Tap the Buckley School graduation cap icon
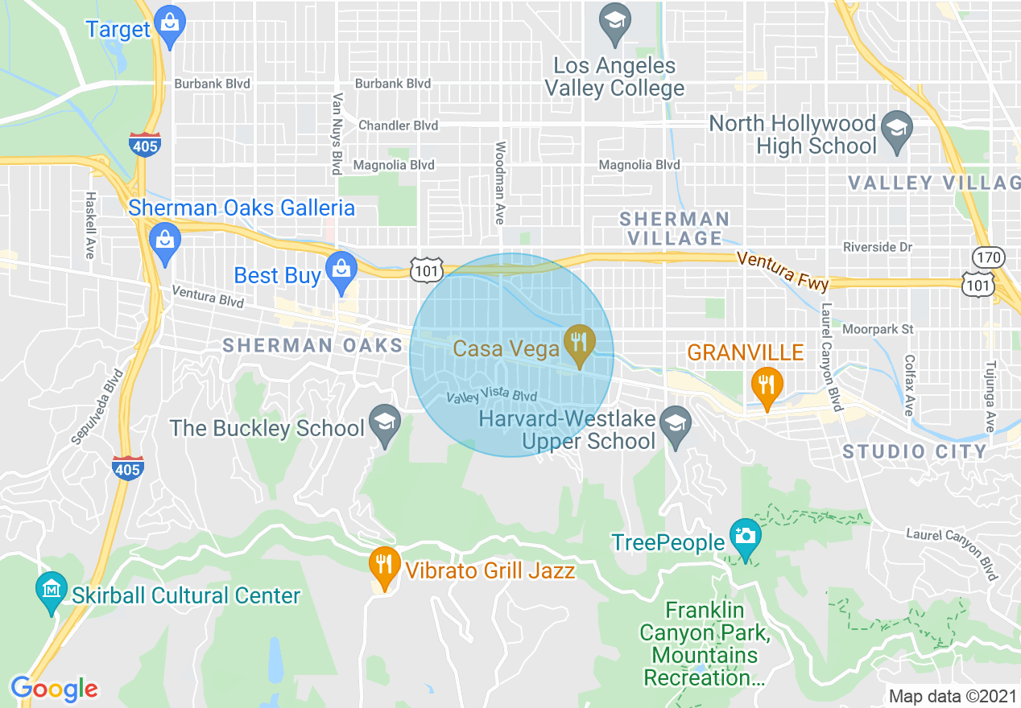[x=385, y=423]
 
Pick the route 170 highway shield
[x=986, y=258]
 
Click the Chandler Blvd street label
[x=398, y=126]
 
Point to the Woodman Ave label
[x=500, y=183]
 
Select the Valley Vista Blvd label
[x=491, y=397]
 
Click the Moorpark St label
[x=878, y=329]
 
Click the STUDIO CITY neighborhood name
[x=915, y=451]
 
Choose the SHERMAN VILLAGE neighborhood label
[x=674, y=228]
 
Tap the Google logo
[x=54, y=689]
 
